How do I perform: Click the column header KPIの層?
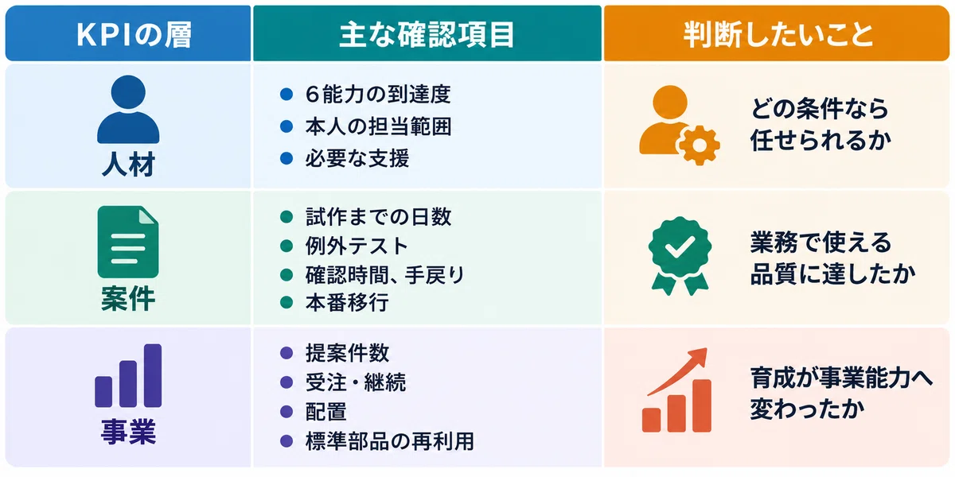(x=134, y=34)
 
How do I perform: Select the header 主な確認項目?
(x=427, y=34)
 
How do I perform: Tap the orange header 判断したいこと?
(x=778, y=34)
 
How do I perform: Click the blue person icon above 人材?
(x=128, y=110)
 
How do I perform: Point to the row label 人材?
(x=128, y=165)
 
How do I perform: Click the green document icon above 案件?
(x=128, y=242)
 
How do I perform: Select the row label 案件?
(x=128, y=299)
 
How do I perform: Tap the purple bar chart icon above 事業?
(x=128, y=375)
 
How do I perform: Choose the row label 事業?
(x=128, y=432)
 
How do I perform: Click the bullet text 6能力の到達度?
(x=378, y=94)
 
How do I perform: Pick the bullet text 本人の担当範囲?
(x=378, y=126)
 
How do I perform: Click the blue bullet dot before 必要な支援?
(x=286, y=158)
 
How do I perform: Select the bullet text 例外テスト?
(x=357, y=246)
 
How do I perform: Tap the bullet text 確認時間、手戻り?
(x=384, y=275)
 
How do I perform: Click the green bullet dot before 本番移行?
(x=286, y=303)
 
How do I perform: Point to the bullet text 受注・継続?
(x=356, y=382)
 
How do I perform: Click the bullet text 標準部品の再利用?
(x=390, y=441)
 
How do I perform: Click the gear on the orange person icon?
(x=700, y=145)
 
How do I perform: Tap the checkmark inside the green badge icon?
(x=680, y=246)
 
